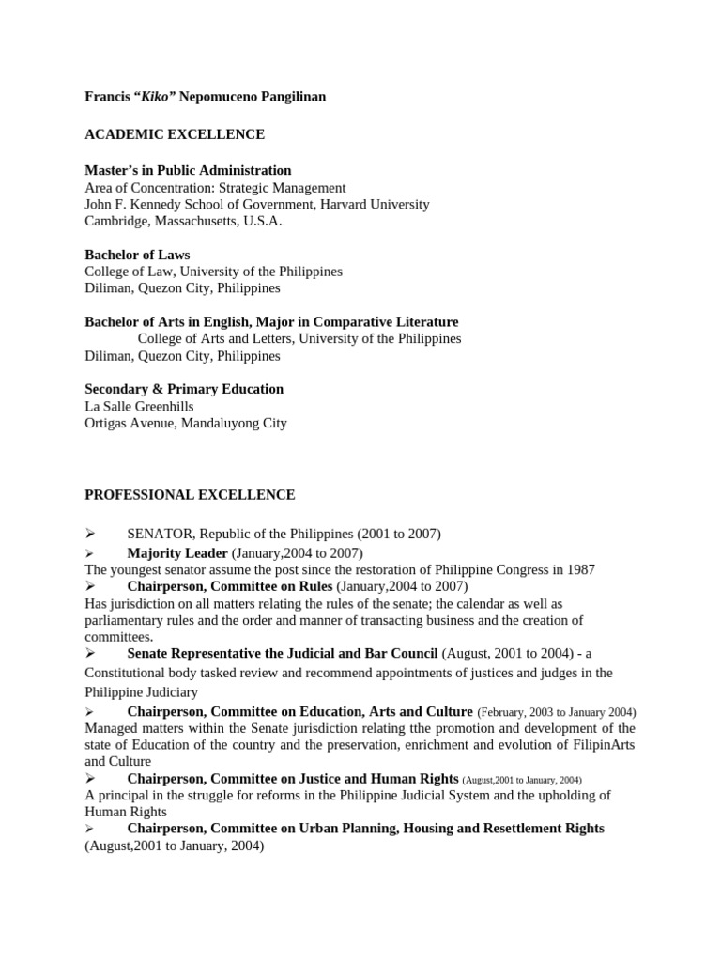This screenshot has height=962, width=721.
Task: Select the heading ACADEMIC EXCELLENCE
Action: tap(175, 134)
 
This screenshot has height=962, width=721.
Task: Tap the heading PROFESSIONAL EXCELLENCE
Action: tap(190, 494)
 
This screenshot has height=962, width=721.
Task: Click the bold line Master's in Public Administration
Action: tap(188, 170)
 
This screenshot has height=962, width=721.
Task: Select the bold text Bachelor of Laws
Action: tap(137, 255)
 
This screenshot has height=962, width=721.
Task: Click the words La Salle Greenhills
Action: tap(141, 406)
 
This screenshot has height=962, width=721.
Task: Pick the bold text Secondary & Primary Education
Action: tap(184, 389)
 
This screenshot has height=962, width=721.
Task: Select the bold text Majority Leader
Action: tap(177, 552)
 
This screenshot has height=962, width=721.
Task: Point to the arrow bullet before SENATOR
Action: tap(90, 534)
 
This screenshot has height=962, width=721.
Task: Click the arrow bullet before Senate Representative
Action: tap(90, 653)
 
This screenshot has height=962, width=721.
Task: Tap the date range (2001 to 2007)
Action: tap(398, 534)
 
